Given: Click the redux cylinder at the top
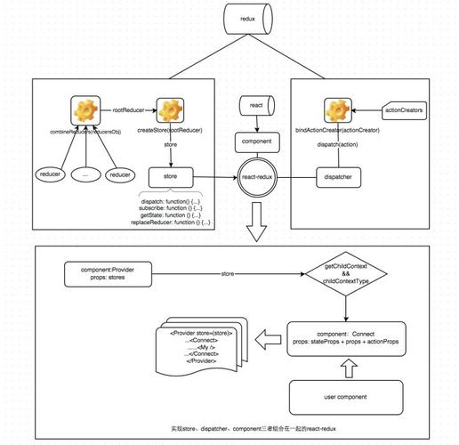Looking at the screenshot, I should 247,19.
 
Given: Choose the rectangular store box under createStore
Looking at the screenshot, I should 169,176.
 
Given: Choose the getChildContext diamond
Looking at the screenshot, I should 349,273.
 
